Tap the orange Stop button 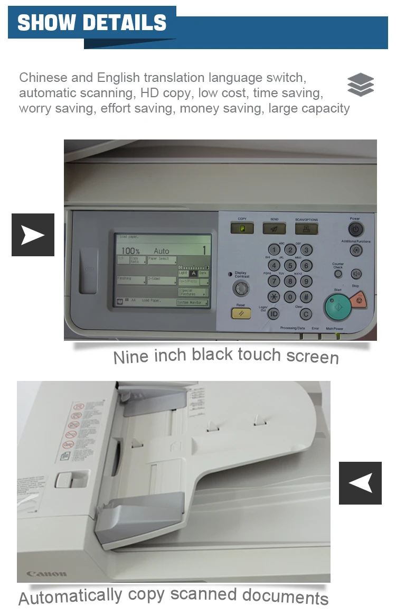(x=359, y=300)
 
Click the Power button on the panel (x=355, y=229)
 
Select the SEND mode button (x=274, y=228)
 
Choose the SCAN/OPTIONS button (x=306, y=228)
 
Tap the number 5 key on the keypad (x=290, y=265)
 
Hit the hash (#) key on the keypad (x=306, y=297)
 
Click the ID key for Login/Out (x=274, y=314)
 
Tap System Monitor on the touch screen (x=192, y=303)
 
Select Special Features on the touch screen (x=193, y=292)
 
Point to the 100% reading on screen (x=131, y=251)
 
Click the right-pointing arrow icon (x=33, y=235)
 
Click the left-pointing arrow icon (x=360, y=483)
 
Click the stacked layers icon (x=361, y=85)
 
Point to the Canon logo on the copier (x=47, y=573)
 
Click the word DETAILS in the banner (x=125, y=23)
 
